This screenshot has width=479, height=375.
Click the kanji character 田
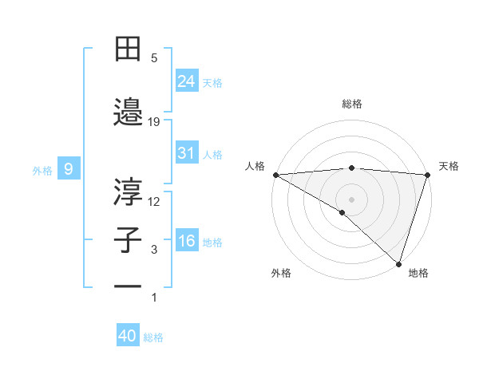(x=128, y=49)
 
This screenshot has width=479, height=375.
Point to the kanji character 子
(x=128, y=240)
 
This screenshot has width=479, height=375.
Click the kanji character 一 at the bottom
(x=128, y=286)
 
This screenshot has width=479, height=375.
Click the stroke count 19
(x=154, y=121)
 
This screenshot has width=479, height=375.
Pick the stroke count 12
(x=154, y=201)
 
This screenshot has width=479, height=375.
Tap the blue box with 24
(x=187, y=81)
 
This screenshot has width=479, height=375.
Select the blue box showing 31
(x=187, y=153)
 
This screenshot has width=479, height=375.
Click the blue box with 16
(x=187, y=241)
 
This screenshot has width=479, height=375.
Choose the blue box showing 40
(x=128, y=336)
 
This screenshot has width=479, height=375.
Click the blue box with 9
(x=69, y=169)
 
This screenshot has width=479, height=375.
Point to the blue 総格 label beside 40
(x=153, y=337)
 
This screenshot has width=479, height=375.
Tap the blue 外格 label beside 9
(x=42, y=170)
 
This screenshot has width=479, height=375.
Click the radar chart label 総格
(x=351, y=104)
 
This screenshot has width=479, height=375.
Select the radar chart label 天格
(x=449, y=166)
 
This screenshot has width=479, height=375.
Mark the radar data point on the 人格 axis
(x=275, y=175)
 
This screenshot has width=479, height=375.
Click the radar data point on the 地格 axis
(x=397, y=262)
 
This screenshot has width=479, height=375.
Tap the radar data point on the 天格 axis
(x=427, y=175)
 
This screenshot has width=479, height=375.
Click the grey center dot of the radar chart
(x=351, y=199)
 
